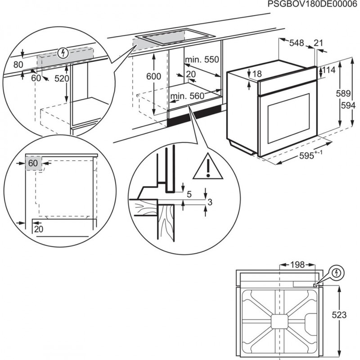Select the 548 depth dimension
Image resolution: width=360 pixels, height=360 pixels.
297,43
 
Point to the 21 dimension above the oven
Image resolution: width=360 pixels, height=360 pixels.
318,43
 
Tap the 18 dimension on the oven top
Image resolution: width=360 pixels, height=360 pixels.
256,74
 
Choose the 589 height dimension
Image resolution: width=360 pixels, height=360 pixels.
345,94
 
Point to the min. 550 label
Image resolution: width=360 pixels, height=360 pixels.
201,59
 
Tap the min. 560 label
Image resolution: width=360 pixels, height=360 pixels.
187,95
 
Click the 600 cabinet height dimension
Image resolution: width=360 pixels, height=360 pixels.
153,76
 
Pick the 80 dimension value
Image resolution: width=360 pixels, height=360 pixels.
18,64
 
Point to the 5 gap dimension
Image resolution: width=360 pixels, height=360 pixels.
189,194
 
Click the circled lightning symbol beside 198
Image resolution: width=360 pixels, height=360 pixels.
336,273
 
